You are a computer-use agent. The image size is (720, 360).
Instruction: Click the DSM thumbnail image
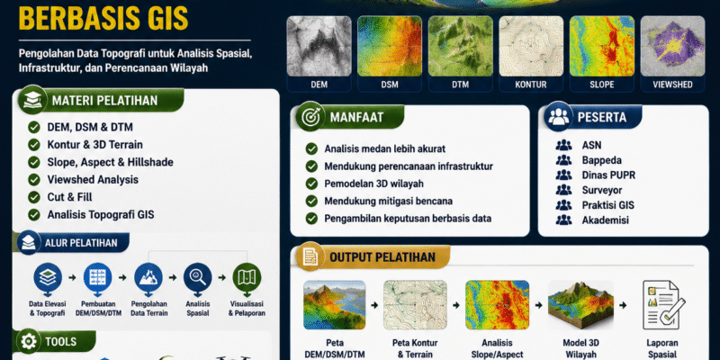[x=390, y=46]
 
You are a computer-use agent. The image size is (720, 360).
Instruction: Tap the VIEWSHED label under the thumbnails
[x=672, y=85]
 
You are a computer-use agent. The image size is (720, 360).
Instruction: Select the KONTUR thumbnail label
[x=531, y=85]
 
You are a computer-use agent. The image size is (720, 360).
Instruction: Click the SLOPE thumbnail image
[x=601, y=46]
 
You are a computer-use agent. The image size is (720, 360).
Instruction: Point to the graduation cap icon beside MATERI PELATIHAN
[x=32, y=100]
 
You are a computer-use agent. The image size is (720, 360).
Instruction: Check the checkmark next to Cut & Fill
[x=34, y=197]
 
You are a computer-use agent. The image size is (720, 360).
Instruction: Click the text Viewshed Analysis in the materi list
[x=93, y=179]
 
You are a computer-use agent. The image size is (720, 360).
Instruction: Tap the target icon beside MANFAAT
[x=310, y=117]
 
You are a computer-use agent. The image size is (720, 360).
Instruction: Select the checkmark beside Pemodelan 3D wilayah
[x=311, y=184]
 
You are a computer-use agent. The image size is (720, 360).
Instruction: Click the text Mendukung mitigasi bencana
[x=389, y=201]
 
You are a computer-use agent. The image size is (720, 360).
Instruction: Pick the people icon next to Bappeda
[x=563, y=160]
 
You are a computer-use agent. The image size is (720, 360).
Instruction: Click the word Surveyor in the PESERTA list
[x=602, y=190]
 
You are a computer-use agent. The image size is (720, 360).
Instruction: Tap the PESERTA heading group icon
[x=558, y=117]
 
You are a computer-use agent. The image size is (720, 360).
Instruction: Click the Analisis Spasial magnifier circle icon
[x=197, y=277]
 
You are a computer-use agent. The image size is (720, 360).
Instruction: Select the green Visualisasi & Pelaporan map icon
[x=247, y=277]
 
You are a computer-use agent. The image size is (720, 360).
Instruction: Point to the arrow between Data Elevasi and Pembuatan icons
[x=72, y=277]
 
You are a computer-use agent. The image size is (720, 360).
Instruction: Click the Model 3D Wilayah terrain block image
[x=580, y=305]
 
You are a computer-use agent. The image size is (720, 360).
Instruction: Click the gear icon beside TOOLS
[x=29, y=342]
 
